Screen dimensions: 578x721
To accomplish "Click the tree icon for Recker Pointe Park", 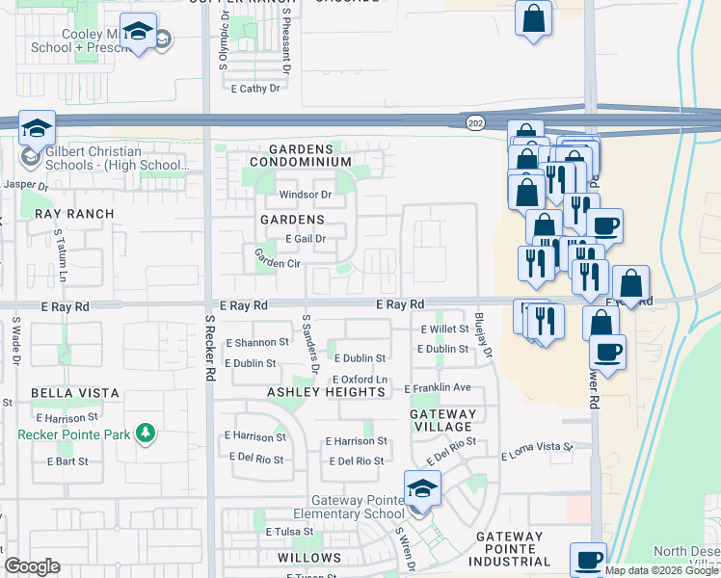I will tap(145, 433).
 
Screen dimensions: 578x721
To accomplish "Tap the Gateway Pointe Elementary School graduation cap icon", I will tap(421, 488).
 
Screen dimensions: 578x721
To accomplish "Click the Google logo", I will tap(32, 566).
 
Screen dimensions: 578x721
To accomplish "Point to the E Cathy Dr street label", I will tap(255, 89).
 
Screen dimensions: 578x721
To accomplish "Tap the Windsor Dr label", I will tap(305, 195).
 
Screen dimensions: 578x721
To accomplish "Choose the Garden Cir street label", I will tap(278, 258).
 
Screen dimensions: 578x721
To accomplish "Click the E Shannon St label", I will tap(256, 342).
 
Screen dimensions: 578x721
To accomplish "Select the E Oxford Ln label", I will tap(360, 380).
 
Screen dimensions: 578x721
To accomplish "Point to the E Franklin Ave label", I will tap(437, 388).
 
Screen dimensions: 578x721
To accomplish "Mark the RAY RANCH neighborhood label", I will tap(74, 214).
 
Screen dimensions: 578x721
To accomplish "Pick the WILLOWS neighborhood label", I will tap(309, 558).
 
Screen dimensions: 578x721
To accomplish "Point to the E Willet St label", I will tap(444, 328).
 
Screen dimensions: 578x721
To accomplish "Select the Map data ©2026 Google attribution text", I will tap(661, 570).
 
